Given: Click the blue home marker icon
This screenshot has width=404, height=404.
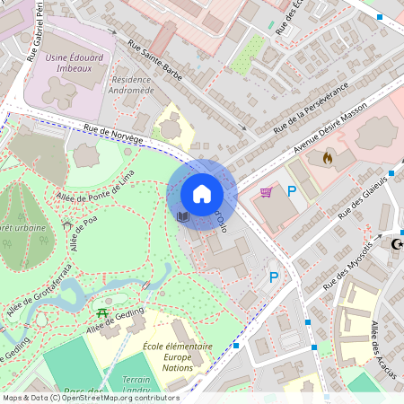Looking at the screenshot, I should (x=202, y=193).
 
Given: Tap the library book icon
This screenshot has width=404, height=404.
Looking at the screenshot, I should (x=183, y=216).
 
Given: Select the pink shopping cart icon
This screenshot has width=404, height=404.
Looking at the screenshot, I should (x=267, y=191).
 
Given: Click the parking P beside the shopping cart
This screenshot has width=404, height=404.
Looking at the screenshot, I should (x=291, y=190).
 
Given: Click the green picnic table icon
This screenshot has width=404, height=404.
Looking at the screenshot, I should (x=102, y=313).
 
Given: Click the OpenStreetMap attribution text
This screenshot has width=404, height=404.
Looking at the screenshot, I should (x=90, y=398).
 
